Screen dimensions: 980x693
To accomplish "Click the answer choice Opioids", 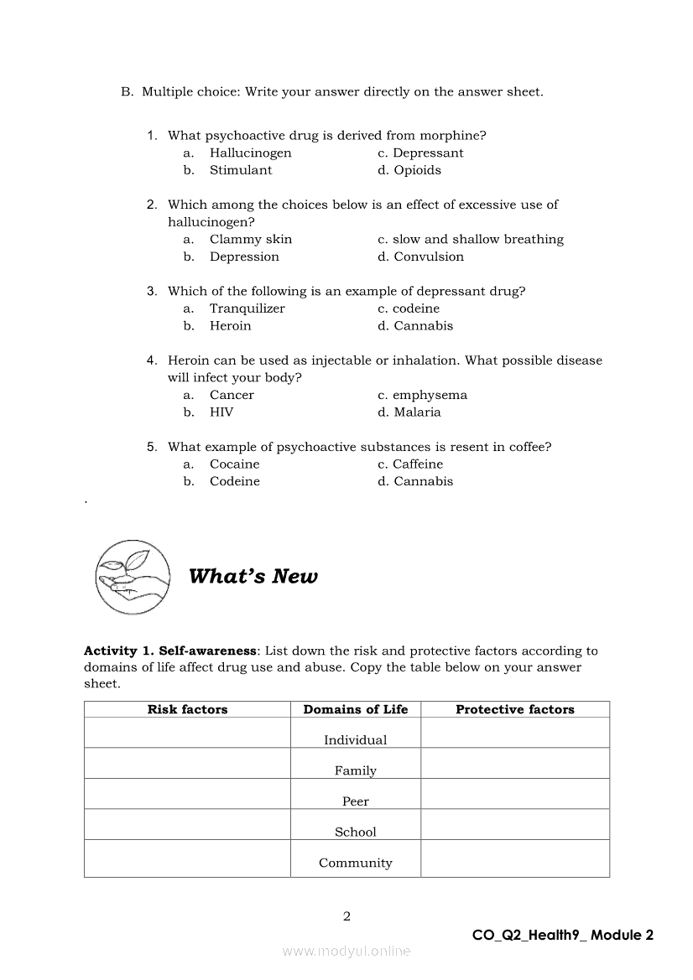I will point(417,170).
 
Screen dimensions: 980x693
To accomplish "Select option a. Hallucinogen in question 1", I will point(250,153).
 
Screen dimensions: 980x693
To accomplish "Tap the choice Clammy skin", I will point(251,240).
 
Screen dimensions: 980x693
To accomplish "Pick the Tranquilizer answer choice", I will point(247,309).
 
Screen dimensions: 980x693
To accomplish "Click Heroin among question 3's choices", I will point(230,326).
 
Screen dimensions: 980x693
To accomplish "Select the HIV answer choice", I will point(221,412).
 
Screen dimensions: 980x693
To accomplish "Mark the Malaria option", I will point(417,412).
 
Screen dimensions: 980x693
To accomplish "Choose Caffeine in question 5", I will point(417,464).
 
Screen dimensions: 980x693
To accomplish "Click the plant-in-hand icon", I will point(133,576).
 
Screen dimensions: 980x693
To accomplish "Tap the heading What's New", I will point(253,577).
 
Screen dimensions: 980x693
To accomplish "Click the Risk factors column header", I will point(187,709).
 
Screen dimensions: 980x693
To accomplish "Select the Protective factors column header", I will point(514,709).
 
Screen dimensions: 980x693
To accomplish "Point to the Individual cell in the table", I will point(356,740).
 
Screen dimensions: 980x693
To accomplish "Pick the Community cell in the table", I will point(356,863).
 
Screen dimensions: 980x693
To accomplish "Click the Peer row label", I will point(356,801).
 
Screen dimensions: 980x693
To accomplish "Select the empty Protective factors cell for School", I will point(514,824).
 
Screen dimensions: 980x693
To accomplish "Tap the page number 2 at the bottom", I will point(346,916).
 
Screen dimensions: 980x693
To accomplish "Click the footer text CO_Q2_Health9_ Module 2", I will point(562,936).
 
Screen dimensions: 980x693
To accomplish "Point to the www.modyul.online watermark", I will point(346,951).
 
